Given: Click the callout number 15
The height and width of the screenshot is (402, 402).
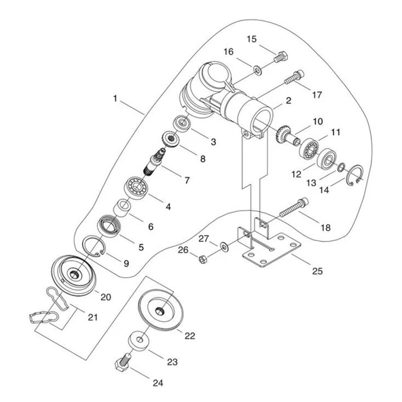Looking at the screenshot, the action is (x=251, y=39).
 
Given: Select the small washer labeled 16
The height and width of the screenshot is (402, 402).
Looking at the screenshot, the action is (x=257, y=70).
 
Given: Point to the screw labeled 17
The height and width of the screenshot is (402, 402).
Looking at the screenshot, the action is (x=294, y=77).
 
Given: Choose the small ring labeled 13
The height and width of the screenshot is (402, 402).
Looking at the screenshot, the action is (x=341, y=167).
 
